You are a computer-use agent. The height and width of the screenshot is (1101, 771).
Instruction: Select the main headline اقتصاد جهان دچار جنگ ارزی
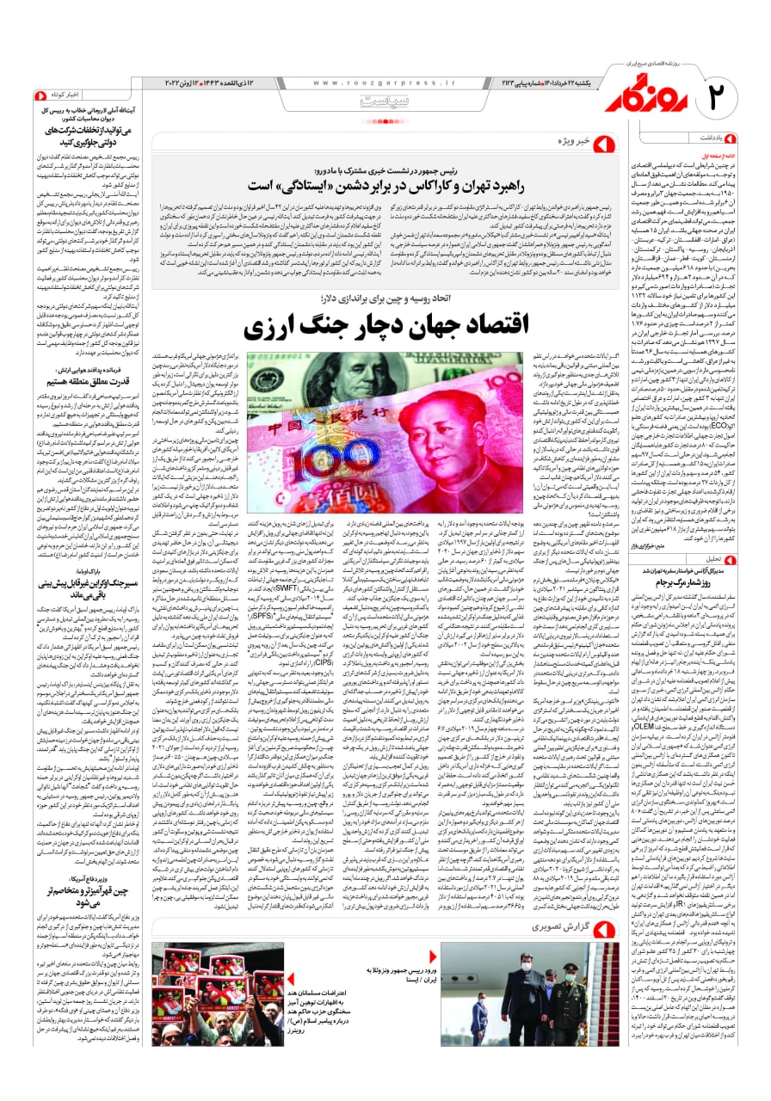pos(364,326)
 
